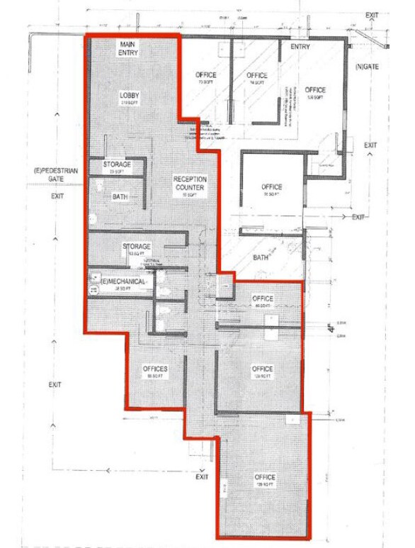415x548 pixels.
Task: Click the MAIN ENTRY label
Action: pos(128,49)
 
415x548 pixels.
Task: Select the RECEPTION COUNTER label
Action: pos(189,184)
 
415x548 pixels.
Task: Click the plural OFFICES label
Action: pos(154,369)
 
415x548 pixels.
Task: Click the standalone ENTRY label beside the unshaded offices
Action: pos(300,47)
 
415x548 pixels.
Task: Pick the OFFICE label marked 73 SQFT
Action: pos(205,75)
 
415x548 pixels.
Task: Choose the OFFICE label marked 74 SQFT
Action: pos(257,75)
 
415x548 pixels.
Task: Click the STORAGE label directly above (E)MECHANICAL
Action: pos(137,247)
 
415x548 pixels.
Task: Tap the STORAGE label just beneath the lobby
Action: pos(117,164)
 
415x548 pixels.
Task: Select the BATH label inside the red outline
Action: pos(120,196)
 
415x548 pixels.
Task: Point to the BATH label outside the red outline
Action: pos(261,257)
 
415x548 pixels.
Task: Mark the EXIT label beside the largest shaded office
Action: pos(203,476)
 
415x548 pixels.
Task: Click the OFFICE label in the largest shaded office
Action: pos(265,477)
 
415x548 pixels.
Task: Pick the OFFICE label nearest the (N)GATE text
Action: pos(315,90)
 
